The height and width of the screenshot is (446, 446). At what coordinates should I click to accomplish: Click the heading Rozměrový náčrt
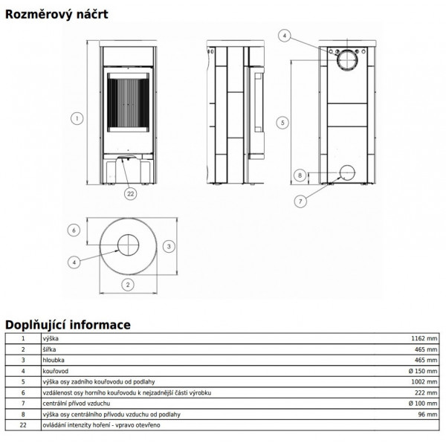click(56, 15)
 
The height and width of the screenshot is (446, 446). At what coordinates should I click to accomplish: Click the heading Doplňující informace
click(68, 325)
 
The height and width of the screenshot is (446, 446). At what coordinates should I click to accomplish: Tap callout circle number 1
click(77, 118)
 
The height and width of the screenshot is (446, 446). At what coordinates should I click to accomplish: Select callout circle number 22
click(131, 194)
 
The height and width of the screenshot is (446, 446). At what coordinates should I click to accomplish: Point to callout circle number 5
click(282, 123)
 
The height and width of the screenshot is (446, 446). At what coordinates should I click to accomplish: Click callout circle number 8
click(300, 175)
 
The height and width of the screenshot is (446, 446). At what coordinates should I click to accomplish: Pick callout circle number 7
click(300, 201)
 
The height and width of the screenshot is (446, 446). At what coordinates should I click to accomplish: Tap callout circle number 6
click(74, 230)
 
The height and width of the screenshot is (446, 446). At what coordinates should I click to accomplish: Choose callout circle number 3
click(169, 246)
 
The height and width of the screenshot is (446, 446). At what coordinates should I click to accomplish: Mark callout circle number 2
click(128, 285)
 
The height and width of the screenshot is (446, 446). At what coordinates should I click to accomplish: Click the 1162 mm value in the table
click(424, 338)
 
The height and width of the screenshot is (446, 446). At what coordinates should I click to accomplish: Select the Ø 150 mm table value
click(423, 371)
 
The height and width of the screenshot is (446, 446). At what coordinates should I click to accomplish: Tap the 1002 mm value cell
click(424, 382)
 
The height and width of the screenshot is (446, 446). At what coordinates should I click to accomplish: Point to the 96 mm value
click(427, 415)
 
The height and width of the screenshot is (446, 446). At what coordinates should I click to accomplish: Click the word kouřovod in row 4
click(56, 371)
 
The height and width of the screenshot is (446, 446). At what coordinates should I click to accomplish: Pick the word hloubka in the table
click(54, 360)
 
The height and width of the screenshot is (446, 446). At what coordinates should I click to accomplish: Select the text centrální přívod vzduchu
click(77, 404)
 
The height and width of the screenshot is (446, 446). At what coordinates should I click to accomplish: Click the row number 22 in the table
click(23, 425)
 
